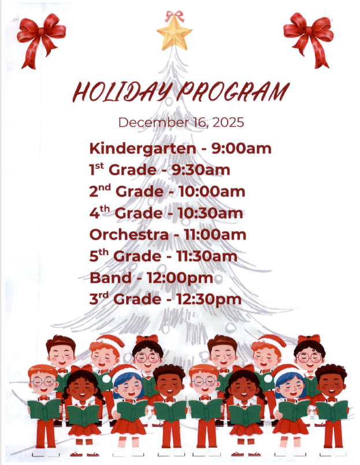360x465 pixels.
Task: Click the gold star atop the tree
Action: [x=175, y=35]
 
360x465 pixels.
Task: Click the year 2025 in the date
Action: [x=228, y=123]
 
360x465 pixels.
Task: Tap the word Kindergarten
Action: [x=142, y=149]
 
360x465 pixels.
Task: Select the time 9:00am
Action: [x=241, y=149]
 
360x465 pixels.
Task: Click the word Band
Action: [x=110, y=278]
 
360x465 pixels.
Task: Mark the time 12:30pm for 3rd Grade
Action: [x=210, y=300]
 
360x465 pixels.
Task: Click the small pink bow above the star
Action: [x=175, y=16]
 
